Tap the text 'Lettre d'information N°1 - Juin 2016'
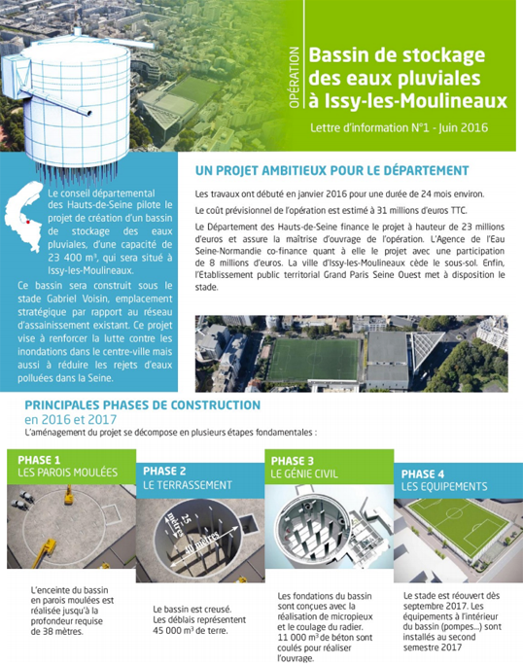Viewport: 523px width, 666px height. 398,128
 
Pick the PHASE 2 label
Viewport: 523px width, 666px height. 166,471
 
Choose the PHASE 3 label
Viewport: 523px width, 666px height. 293,460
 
